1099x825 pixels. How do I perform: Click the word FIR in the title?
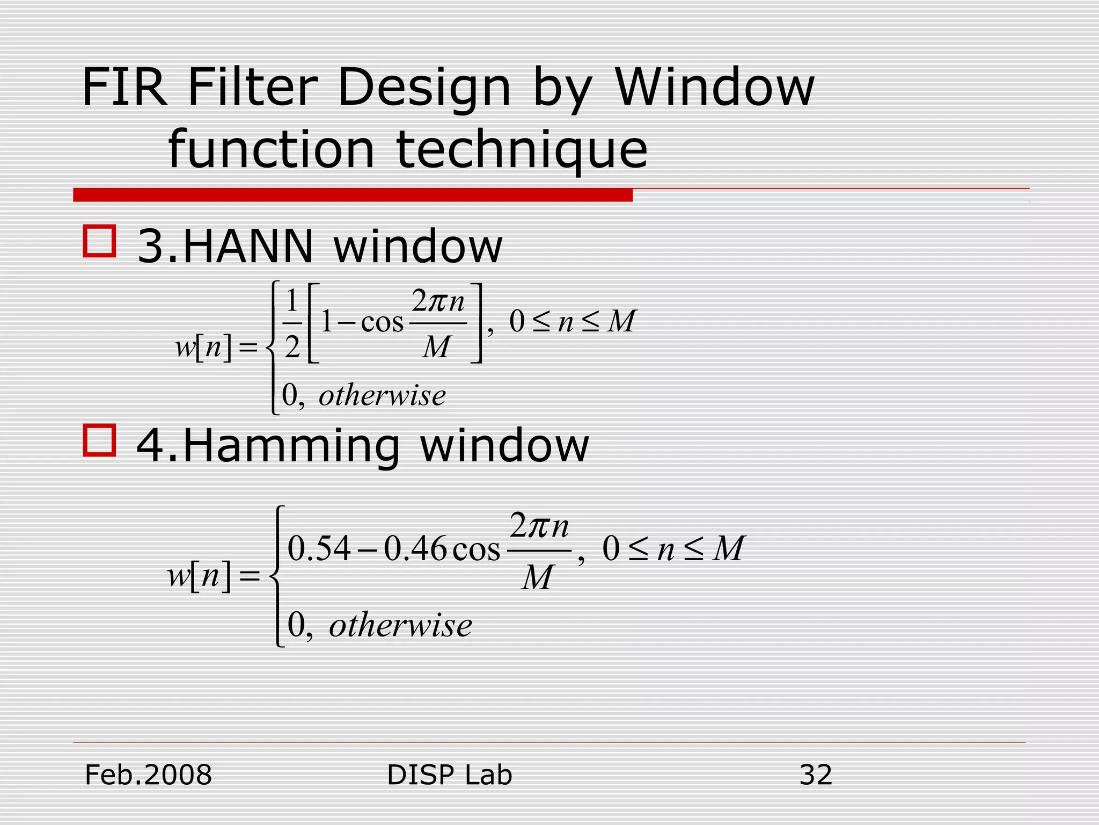pos(124,87)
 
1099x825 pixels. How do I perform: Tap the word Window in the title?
pos(714,87)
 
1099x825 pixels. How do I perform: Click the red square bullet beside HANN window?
pos(99,241)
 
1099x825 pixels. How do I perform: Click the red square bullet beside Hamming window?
pos(99,440)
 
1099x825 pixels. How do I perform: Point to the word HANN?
pos(248,246)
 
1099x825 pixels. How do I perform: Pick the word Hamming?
pos(292,446)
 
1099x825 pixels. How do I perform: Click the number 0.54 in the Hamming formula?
pos(319,549)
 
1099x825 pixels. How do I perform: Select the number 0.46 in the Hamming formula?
pos(415,549)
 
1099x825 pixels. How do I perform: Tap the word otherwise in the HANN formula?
pos(382,395)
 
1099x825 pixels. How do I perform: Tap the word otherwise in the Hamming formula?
pos(400,625)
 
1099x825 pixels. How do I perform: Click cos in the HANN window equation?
pos(382,323)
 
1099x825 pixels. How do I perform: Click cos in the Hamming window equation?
pos(476,549)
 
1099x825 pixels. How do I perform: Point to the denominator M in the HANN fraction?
pos(436,347)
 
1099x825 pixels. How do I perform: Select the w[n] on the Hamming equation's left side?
pos(199,576)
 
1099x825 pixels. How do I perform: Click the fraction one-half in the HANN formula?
pos(292,323)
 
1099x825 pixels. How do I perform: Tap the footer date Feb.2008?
pos(149,775)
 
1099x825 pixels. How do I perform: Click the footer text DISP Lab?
pos(449,775)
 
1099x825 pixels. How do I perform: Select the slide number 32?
pos(816,775)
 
